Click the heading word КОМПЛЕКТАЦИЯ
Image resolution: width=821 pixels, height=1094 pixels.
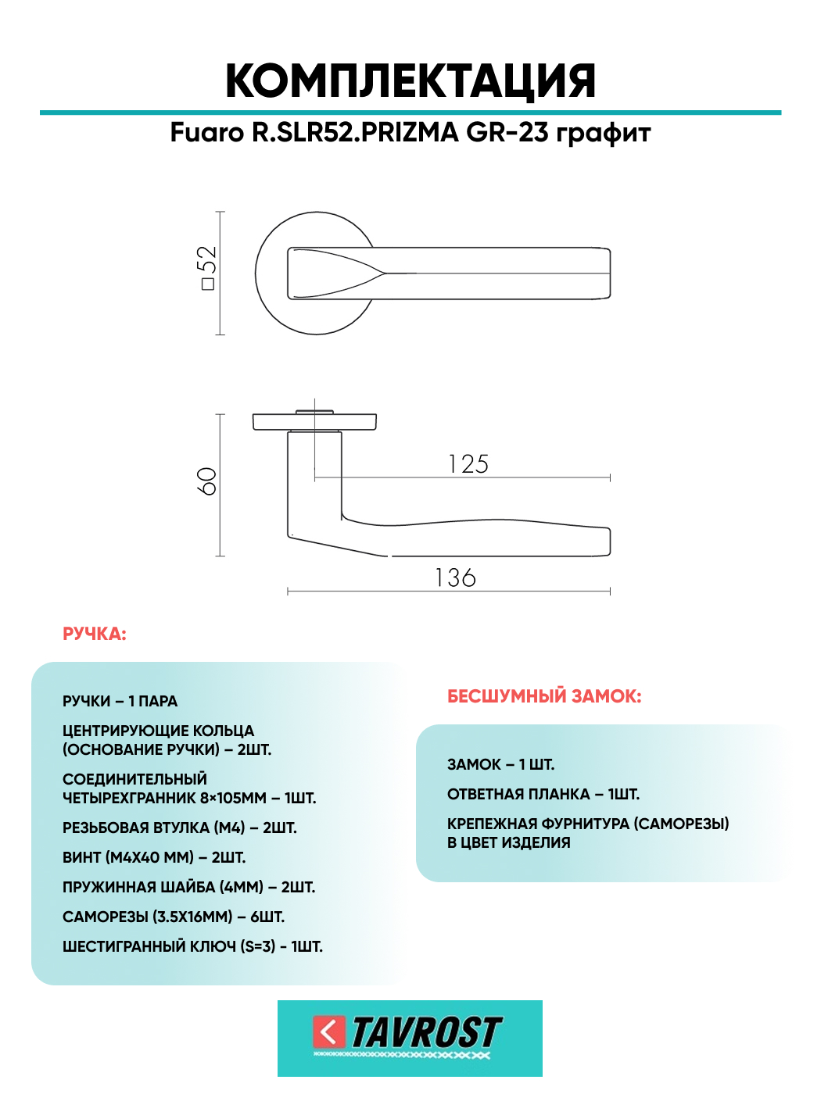click(x=410, y=81)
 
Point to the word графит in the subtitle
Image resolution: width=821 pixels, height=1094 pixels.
click(x=603, y=134)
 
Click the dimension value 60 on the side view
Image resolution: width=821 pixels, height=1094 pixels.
click(x=206, y=481)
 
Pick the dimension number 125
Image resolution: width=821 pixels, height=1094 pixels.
click(x=468, y=464)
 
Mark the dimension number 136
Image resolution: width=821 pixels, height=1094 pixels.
click(x=455, y=578)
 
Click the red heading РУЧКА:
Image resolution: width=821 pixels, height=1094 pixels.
click(x=95, y=634)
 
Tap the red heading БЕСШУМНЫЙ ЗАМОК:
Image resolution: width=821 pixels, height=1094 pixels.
click(x=544, y=696)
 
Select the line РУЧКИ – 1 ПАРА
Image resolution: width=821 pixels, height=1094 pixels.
click(x=120, y=701)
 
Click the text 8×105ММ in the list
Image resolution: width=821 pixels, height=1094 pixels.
click(x=233, y=798)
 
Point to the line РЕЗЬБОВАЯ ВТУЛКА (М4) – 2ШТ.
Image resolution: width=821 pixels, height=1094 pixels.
click(x=179, y=828)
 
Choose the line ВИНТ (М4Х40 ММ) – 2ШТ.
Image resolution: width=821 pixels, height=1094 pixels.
click(x=154, y=857)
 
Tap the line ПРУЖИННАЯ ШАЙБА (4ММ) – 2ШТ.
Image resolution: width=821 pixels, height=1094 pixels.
click(x=188, y=887)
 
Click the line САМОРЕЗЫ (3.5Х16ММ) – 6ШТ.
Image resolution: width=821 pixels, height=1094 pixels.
click(x=173, y=917)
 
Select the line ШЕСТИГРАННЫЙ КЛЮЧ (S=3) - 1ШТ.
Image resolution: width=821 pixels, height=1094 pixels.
click(x=192, y=946)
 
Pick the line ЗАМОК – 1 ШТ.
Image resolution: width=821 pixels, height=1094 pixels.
click(x=500, y=764)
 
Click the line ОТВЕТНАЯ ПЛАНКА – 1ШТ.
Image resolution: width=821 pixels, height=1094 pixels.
click(x=543, y=794)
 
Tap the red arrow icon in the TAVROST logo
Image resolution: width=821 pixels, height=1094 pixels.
click(x=329, y=1031)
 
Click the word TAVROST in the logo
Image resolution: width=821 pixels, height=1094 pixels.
click(x=425, y=1032)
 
